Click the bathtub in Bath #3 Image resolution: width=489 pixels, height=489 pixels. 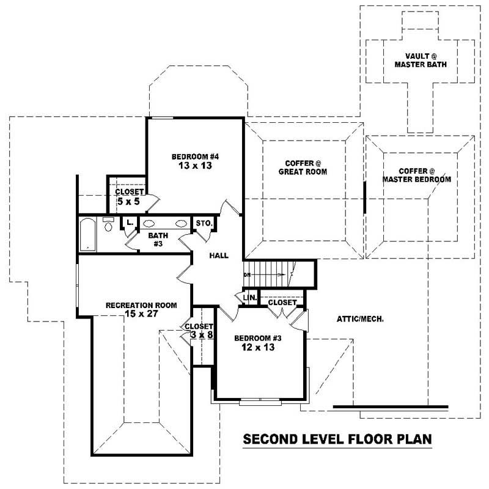88,234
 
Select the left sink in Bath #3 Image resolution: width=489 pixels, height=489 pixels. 149,224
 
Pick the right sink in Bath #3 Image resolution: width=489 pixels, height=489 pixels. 181,224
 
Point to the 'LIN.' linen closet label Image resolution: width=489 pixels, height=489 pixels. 249,298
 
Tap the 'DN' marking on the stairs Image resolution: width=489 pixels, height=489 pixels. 247,275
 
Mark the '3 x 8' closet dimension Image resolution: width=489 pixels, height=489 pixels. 199,335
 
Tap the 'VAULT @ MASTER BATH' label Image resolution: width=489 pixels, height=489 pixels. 418,59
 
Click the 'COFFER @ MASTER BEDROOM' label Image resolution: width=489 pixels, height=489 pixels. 417,175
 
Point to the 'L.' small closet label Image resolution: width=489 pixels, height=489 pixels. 130,223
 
